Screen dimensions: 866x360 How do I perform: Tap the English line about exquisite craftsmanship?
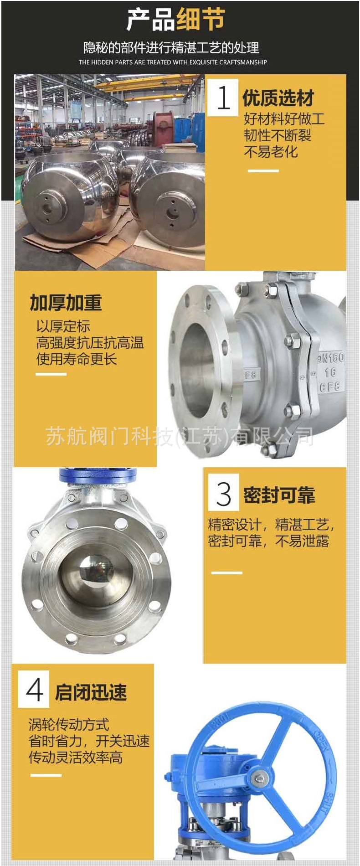pyautogui.click(x=173, y=62)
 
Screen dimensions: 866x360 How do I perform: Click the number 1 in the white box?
pyautogui.click(x=223, y=98)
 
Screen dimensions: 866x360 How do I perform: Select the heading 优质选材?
pyautogui.click(x=278, y=98)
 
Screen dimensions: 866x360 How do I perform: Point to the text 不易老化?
pyautogui.click(x=271, y=151)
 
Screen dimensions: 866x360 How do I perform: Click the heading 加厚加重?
pyautogui.click(x=66, y=302)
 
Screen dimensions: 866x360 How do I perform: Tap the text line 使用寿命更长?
pyautogui.click(x=77, y=359)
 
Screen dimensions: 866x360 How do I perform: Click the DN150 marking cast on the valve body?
pyautogui.click(x=330, y=358)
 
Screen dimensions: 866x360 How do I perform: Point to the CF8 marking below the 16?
pyautogui.click(x=329, y=387)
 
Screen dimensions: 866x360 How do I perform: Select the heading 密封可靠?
pyautogui.click(x=279, y=495)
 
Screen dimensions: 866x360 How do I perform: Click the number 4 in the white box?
pyautogui.click(x=34, y=689)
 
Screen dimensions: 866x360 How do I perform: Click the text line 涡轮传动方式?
pyautogui.click(x=69, y=724)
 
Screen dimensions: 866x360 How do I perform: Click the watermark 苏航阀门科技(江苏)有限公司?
pyautogui.click(x=180, y=436)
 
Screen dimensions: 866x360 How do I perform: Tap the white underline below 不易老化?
pyautogui.click(x=263, y=171)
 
